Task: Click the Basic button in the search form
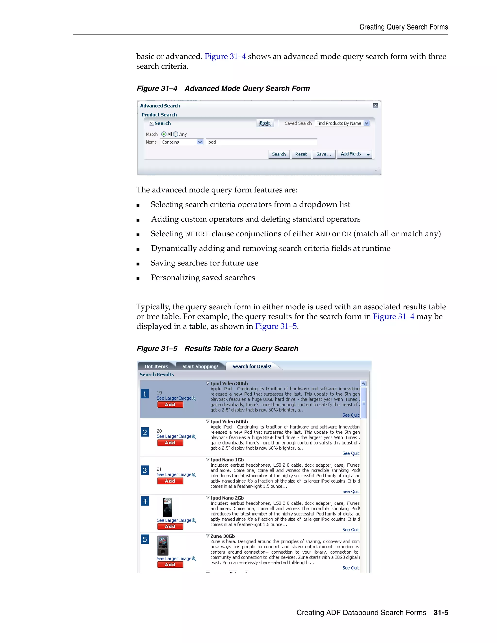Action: click(265, 123)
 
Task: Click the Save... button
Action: click(323, 154)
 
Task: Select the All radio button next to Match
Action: click(164, 134)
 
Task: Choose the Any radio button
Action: click(176, 134)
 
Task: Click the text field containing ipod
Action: click(261, 142)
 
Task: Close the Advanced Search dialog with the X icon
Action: click(375, 105)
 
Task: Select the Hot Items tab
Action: click(156, 366)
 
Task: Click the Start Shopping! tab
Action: click(200, 366)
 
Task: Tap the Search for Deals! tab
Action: click(251, 366)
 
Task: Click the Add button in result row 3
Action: click(170, 481)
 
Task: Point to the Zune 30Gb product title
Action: click(223, 536)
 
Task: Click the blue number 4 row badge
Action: click(145, 501)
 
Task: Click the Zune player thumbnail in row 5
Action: click(163, 545)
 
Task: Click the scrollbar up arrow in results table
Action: click(363, 384)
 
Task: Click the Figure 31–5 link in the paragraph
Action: click(276, 326)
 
